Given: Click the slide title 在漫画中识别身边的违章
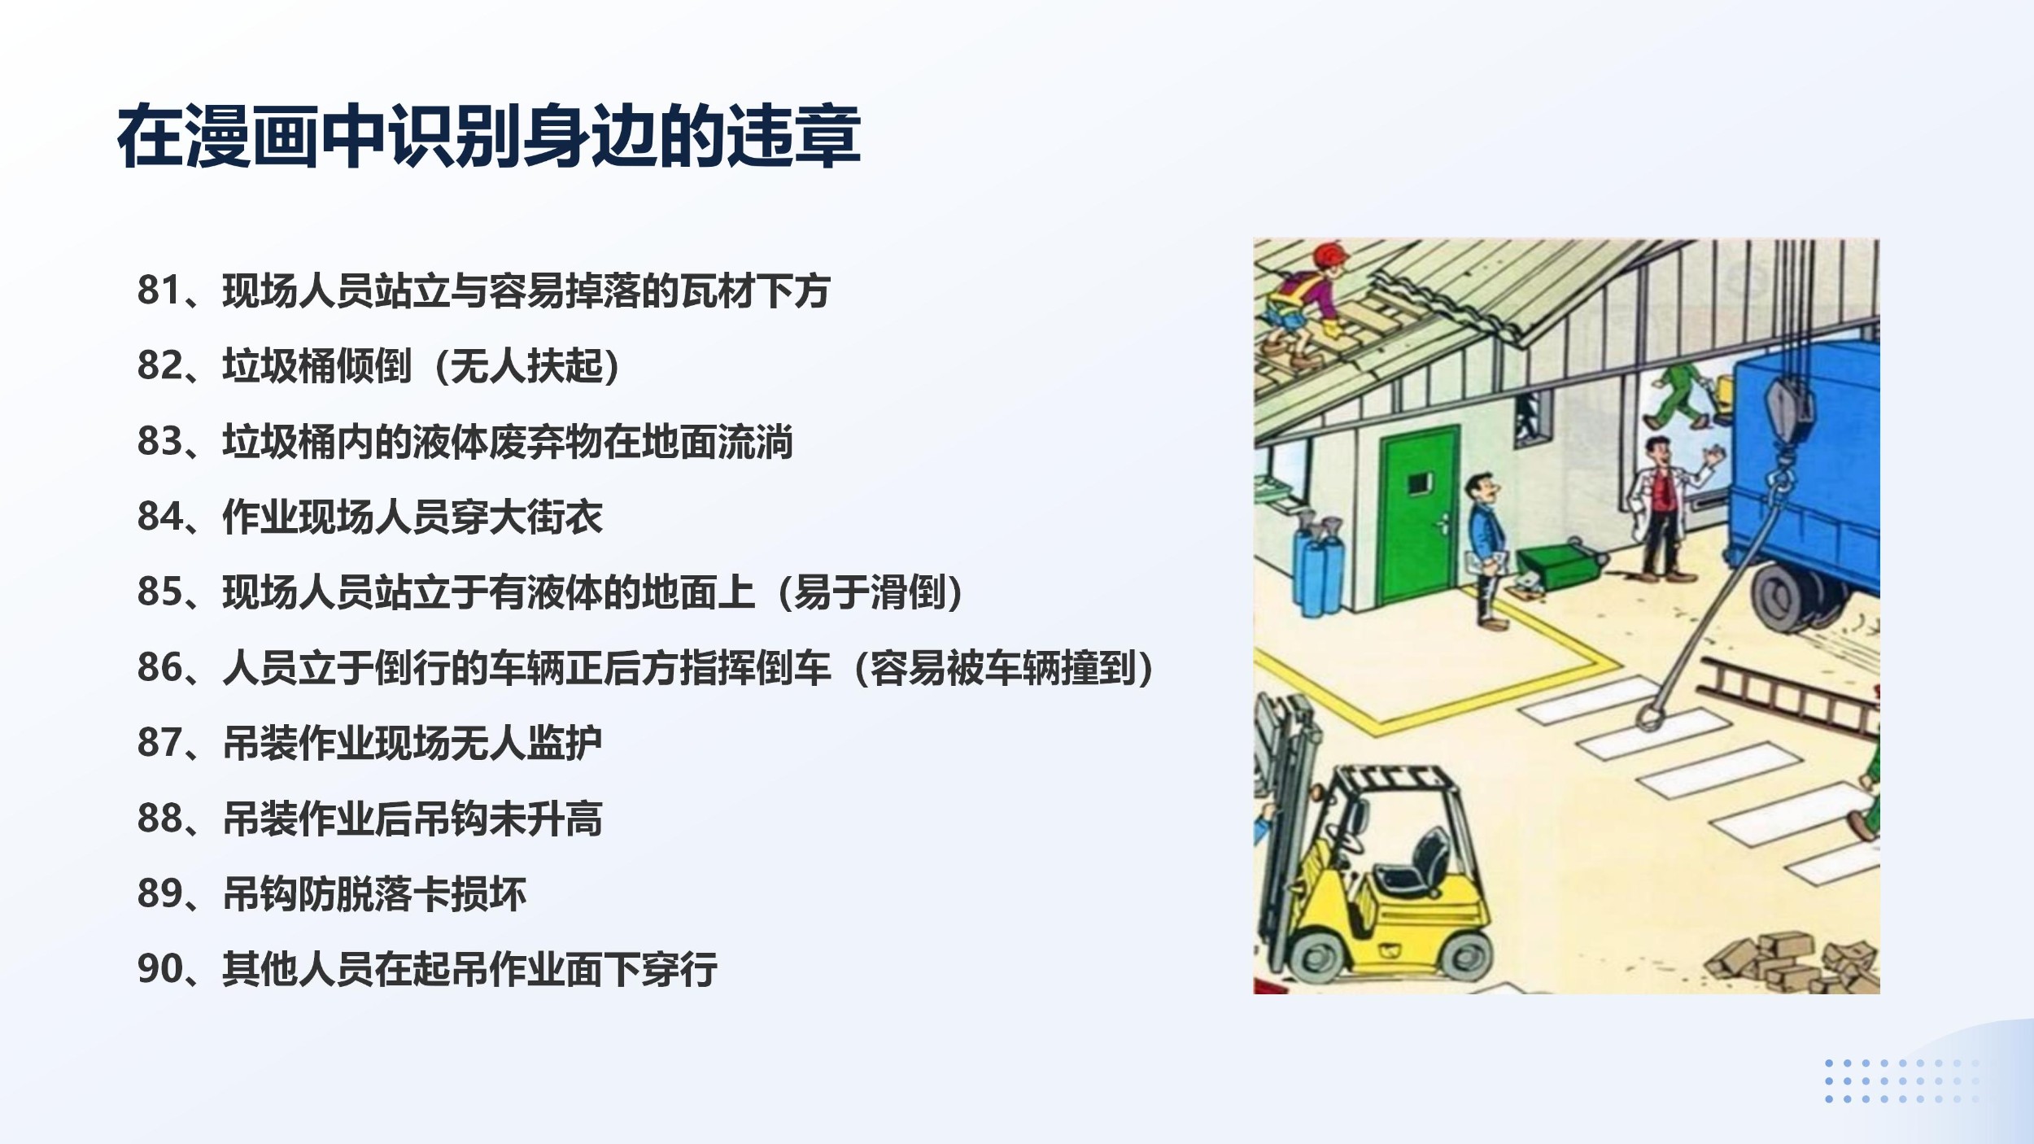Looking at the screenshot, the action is pyautogui.click(x=489, y=136).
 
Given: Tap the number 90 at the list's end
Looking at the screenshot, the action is pyautogui.click(x=159, y=969).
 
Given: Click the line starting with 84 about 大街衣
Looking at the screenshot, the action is pyautogui.click(x=370, y=517).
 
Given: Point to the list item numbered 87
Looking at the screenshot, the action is pyautogui.click(x=370, y=743).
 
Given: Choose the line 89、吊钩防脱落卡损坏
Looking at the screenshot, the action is pyautogui.click(x=332, y=893).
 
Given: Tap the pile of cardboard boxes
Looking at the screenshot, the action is pyautogui.click(x=1790, y=965).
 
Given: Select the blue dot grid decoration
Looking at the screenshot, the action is pyautogui.click(x=1900, y=1081).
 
